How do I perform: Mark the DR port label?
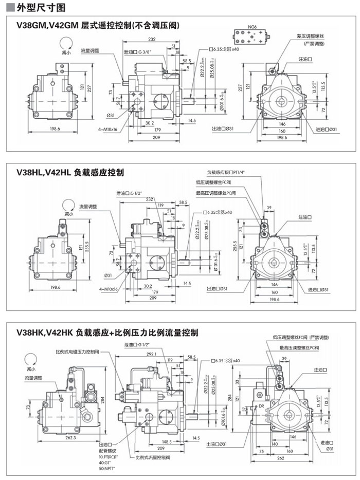pyautogui.click(x=261, y=406)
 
